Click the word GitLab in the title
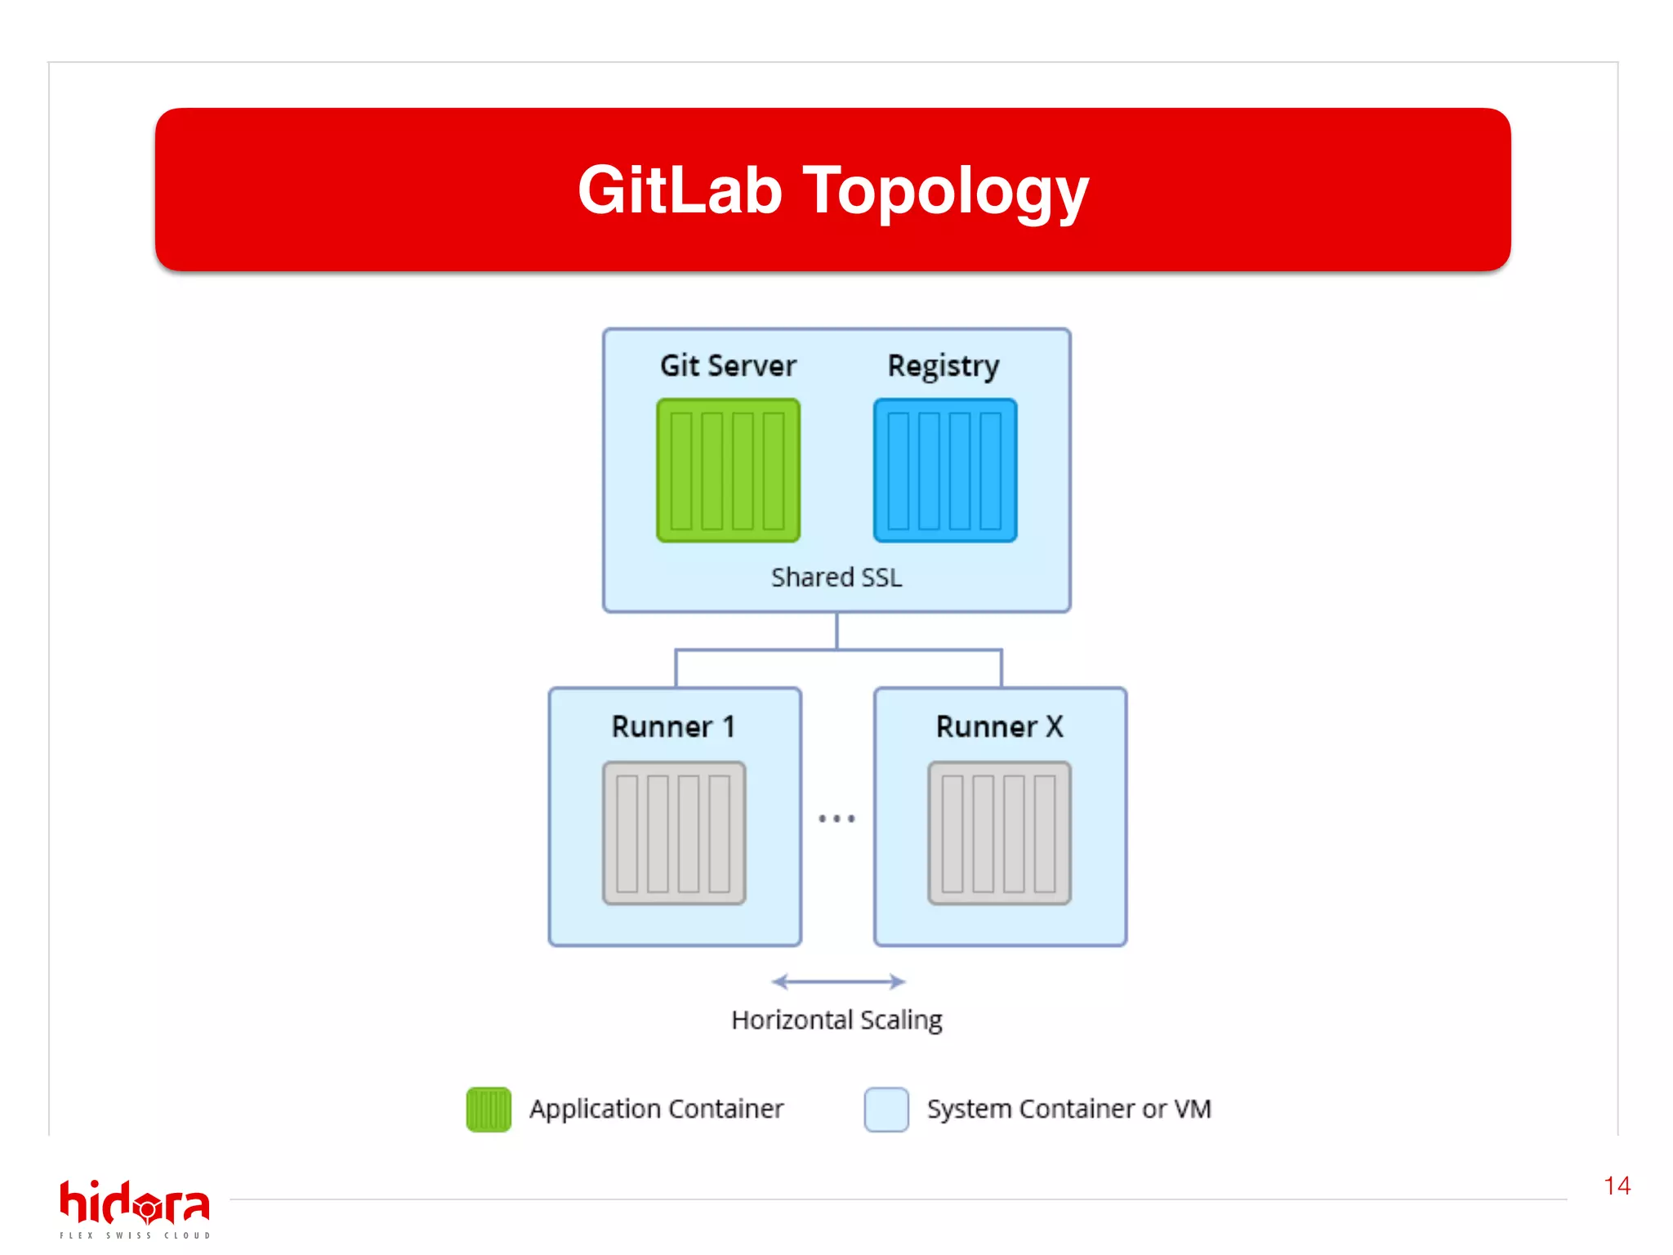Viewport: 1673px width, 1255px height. [x=680, y=190]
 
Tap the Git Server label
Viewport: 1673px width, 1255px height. [x=728, y=365]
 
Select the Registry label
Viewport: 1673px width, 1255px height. [x=944, y=366]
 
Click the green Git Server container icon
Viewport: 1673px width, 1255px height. [x=728, y=471]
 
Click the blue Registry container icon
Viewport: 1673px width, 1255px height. [x=945, y=471]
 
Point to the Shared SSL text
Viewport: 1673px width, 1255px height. [x=836, y=577]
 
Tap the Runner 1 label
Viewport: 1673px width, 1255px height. [x=674, y=726]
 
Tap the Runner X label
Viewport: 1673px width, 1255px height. [x=999, y=726]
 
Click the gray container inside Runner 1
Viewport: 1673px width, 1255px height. [x=674, y=833]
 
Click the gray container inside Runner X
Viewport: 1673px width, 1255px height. [x=999, y=833]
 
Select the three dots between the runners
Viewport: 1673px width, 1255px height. [x=836, y=818]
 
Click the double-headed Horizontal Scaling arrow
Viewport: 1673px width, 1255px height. [x=838, y=981]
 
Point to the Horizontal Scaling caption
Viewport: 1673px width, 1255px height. [x=836, y=1020]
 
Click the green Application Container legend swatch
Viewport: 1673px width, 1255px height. [x=489, y=1110]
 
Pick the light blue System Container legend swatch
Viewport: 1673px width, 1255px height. [x=886, y=1110]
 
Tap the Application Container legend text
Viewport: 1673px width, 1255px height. [x=656, y=1109]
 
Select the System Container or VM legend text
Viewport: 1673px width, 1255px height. [x=1068, y=1109]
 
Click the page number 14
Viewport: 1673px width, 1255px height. [x=1617, y=1186]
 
